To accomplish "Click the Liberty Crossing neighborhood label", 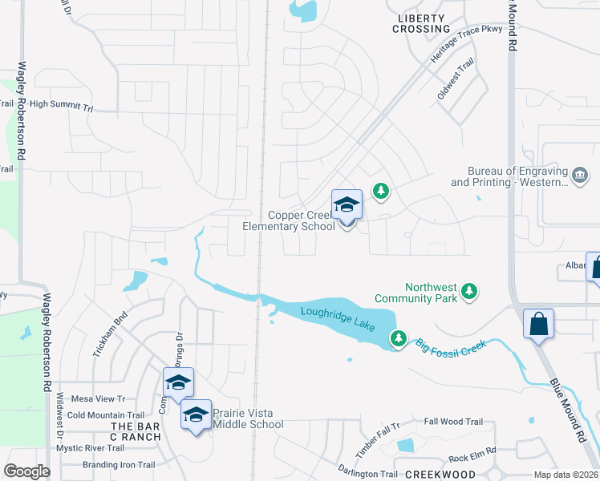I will coord(421,23).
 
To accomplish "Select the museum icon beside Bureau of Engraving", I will coord(579,174).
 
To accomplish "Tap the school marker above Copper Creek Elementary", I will coord(347,205).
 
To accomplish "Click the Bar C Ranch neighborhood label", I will coord(136,431).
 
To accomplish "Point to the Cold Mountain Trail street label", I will coord(107,414).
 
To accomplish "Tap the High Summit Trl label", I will coord(61,105).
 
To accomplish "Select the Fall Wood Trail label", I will coord(453,422).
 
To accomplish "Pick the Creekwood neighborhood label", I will coord(440,475).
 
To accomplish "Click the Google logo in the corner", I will coord(26,471).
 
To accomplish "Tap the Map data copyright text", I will coord(566,475).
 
